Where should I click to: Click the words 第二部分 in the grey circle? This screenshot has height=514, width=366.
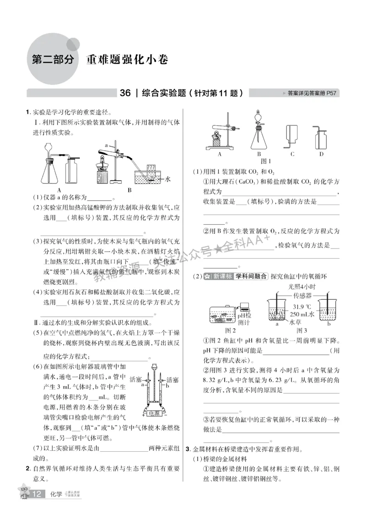pyautogui.click(x=53, y=60)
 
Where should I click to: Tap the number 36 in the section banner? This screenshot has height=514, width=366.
pyautogui.click(x=125, y=93)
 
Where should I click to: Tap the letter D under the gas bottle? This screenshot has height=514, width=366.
pyautogui.click(x=321, y=154)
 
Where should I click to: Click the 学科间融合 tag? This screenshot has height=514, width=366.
pyautogui.click(x=251, y=276)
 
